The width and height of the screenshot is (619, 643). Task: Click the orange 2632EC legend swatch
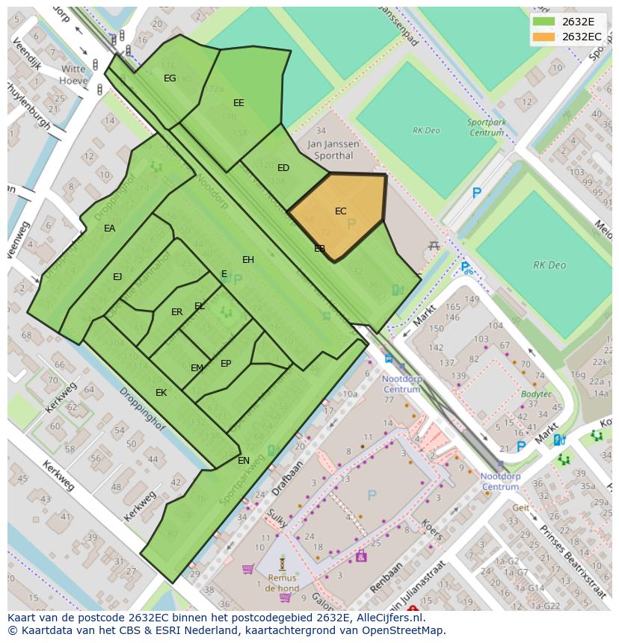pyautogui.click(x=544, y=37)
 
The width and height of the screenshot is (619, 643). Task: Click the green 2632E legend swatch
pyautogui.click(x=544, y=22)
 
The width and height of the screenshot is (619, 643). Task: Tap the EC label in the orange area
pyautogui.click(x=341, y=211)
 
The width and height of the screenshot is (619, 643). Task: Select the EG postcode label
pyautogui.click(x=170, y=78)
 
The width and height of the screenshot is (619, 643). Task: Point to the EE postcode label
pyautogui.click(x=238, y=103)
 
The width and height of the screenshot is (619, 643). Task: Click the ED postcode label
pyautogui.click(x=283, y=168)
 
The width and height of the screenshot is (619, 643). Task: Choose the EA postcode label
pyautogui.click(x=110, y=229)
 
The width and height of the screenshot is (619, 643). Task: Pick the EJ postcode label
pyautogui.click(x=117, y=277)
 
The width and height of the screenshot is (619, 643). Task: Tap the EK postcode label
pyautogui.click(x=161, y=393)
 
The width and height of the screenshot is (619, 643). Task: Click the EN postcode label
pyautogui.click(x=244, y=461)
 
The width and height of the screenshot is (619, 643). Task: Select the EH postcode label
pyautogui.click(x=248, y=260)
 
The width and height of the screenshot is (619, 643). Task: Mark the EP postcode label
pyautogui.click(x=226, y=364)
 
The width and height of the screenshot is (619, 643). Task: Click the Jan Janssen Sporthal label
pyautogui.click(x=333, y=149)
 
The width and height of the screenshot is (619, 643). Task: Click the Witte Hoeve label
pyautogui.click(x=73, y=74)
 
